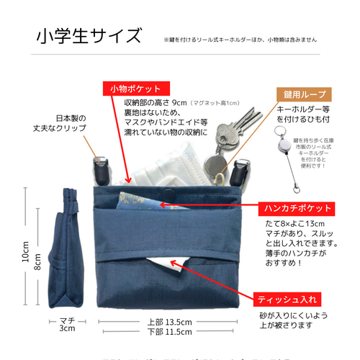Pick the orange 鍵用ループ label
(x=304, y=94)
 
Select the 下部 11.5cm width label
(x=169, y=331)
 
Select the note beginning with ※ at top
(x=240, y=40)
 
